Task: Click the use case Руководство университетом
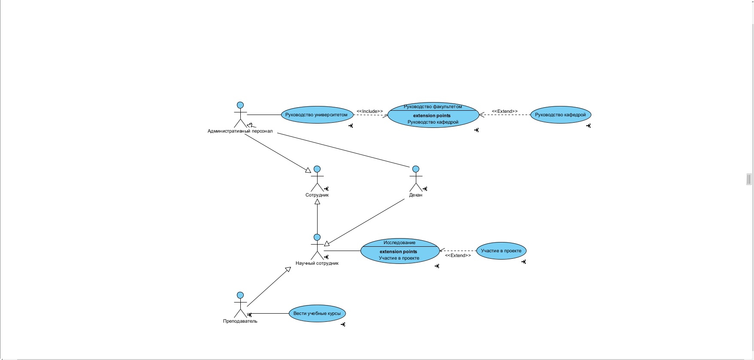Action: click(317, 115)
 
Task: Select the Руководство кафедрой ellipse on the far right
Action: click(560, 115)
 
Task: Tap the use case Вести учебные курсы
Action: click(317, 314)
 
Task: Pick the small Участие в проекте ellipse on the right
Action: click(501, 251)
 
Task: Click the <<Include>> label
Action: click(369, 112)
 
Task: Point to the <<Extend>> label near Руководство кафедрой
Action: click(505, 112)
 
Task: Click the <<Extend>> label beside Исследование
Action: click(458, 256)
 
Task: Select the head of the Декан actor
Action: click(415, 169)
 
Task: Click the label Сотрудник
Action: click(317, 195)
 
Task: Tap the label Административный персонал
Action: click(240, 131)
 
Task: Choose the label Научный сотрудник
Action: click(317, 263)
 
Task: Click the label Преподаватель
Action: click(240, 321)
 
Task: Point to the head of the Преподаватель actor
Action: click(240, 295)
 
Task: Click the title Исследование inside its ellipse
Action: click(400, 243)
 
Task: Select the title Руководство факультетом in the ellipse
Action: click(433, 107)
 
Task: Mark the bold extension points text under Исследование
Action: click(398, 252)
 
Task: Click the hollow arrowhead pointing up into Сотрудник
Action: click(317, 202)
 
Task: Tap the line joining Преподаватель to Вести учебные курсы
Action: click(270, 314)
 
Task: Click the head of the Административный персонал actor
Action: click(240, 105)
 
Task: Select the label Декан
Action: click(416, 195)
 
